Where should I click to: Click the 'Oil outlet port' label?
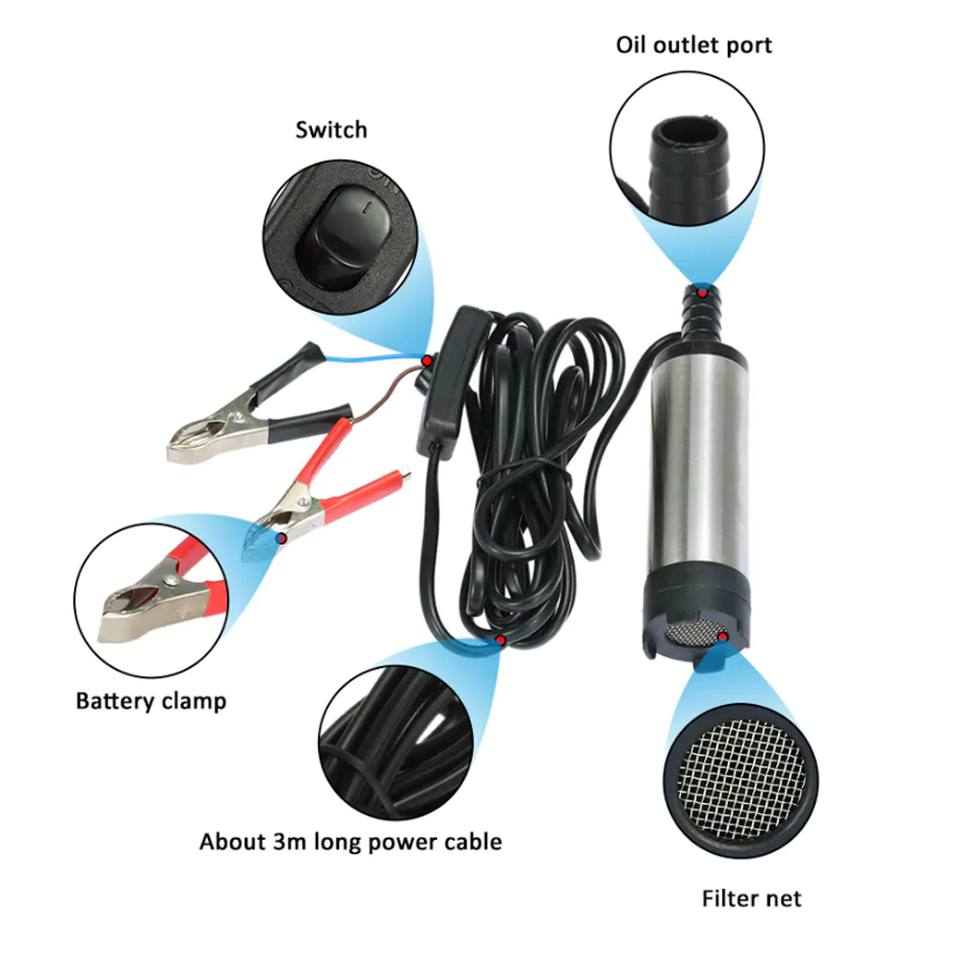pyautogui.click(x=693, y=45)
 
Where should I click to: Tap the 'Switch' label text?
pyautogui.click(x=331, y=130)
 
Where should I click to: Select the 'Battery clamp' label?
pyautogui.click(x=151, y=701)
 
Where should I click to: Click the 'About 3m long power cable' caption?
pyautogui.click(x=351, y=842)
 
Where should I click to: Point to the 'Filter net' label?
pyautogui.click(x=751, y=898)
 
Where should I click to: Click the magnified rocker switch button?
pyautogui.click(x=343, y=237)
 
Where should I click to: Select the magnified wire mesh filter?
pyautogui.click(x=742, y=780)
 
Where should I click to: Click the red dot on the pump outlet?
pyautogui.click(x=702, y=293)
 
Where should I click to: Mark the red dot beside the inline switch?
pyautogui.click(x=427, y=360)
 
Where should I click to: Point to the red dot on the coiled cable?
pyautogui.click(x=501, y=640)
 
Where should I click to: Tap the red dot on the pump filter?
pyautogui.click(x=723, y=638)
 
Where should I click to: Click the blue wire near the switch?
pyautogui.click(x=374, y=358)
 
